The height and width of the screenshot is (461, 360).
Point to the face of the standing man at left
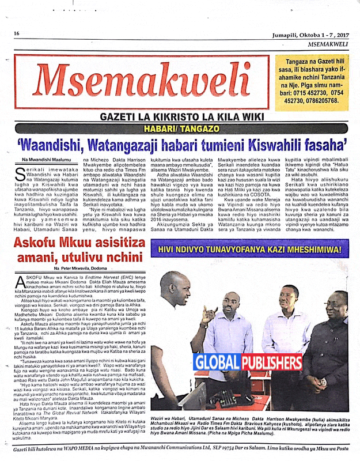(174, 286)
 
